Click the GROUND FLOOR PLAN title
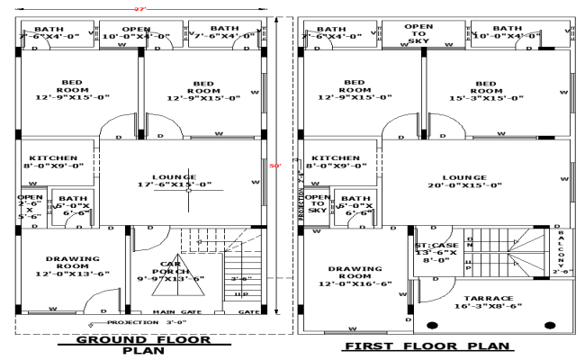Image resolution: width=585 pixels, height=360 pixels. point(145,346)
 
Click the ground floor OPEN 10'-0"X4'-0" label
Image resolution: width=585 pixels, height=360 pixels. point(136,32)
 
